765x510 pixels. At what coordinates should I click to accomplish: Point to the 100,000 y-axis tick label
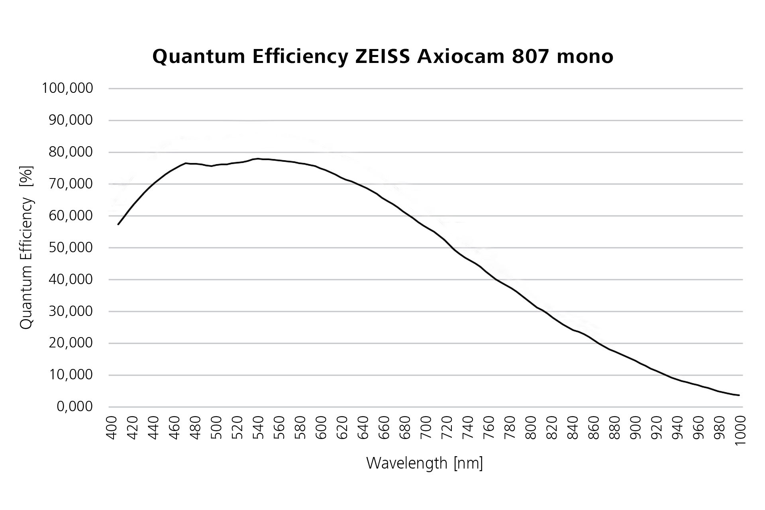pyautogui.click(x=67, y=88)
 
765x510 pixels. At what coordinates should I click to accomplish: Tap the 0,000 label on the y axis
pyautogui.click(x=75, y=407)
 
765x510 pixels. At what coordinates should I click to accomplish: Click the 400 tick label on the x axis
pyautogui.click(x=112, y=428)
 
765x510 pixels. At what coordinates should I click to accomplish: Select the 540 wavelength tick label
pyautogui.click(x=259, y=428)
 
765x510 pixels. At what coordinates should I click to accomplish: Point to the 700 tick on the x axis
pyautogui.click(x=426, y=428)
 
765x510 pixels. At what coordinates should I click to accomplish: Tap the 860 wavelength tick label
pyautogui.click(x=594, y=428)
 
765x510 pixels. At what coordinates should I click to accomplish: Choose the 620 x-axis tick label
pyautogui.click(x=343, y=428)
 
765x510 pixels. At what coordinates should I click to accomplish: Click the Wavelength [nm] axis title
pyautogui.click(x=424, y=463)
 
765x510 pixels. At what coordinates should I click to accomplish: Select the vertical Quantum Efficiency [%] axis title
pyautogui.click(x=27, y=247)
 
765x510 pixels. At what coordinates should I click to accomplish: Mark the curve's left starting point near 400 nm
pyautogui.click(x=118, y=224)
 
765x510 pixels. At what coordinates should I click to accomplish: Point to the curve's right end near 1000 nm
pyautogui.click(x=739, y=395)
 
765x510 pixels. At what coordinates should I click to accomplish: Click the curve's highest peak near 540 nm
pyautogui.click(x=258, y=159)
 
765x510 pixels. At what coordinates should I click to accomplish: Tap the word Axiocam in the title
pyautogui.click(x=460, y=57)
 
